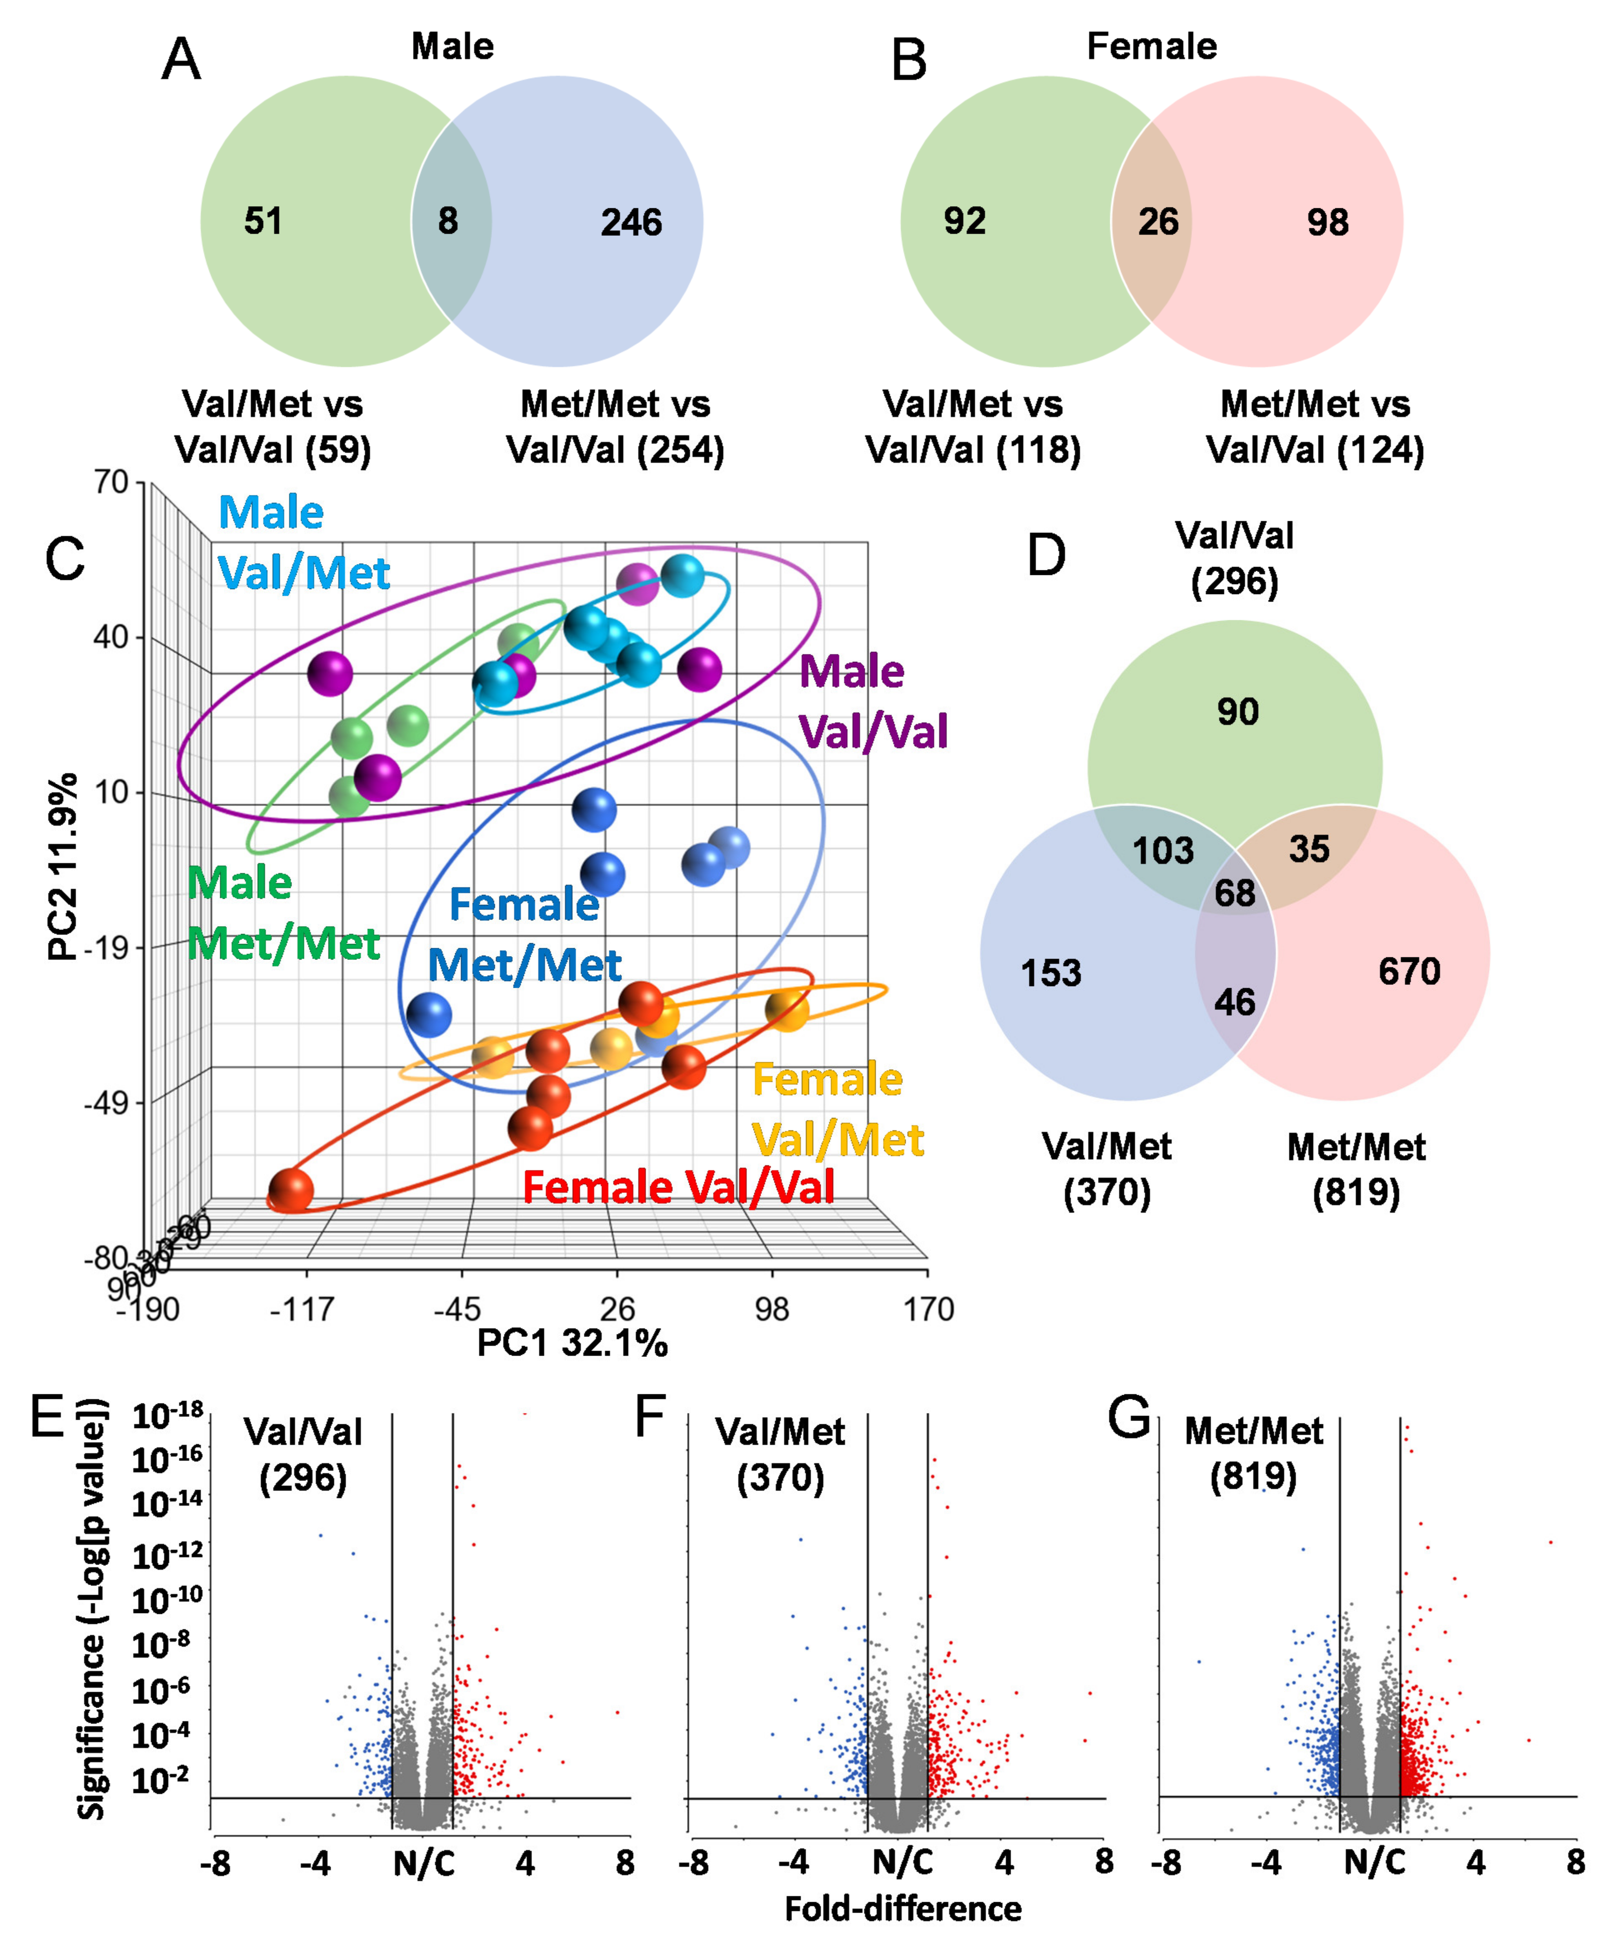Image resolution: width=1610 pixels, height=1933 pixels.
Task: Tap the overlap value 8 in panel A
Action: pos(448,221)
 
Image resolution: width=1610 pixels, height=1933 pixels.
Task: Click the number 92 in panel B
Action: pos(965,221)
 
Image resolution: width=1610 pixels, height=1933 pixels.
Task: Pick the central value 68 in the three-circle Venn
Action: pos(1235,893)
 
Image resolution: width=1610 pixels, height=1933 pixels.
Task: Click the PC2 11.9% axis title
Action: pos(62,868)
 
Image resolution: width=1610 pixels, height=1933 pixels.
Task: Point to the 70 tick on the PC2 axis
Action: pos(111,482)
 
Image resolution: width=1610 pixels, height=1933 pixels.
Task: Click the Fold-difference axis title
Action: pos(903,1908)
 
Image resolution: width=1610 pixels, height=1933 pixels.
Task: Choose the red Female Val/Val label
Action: pos(678,1186)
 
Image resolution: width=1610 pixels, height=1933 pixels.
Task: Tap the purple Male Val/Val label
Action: pos(872,702)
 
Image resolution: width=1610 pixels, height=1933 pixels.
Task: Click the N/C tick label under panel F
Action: pos(903,1862)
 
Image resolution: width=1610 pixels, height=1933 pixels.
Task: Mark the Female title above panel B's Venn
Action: pos(1152,46)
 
